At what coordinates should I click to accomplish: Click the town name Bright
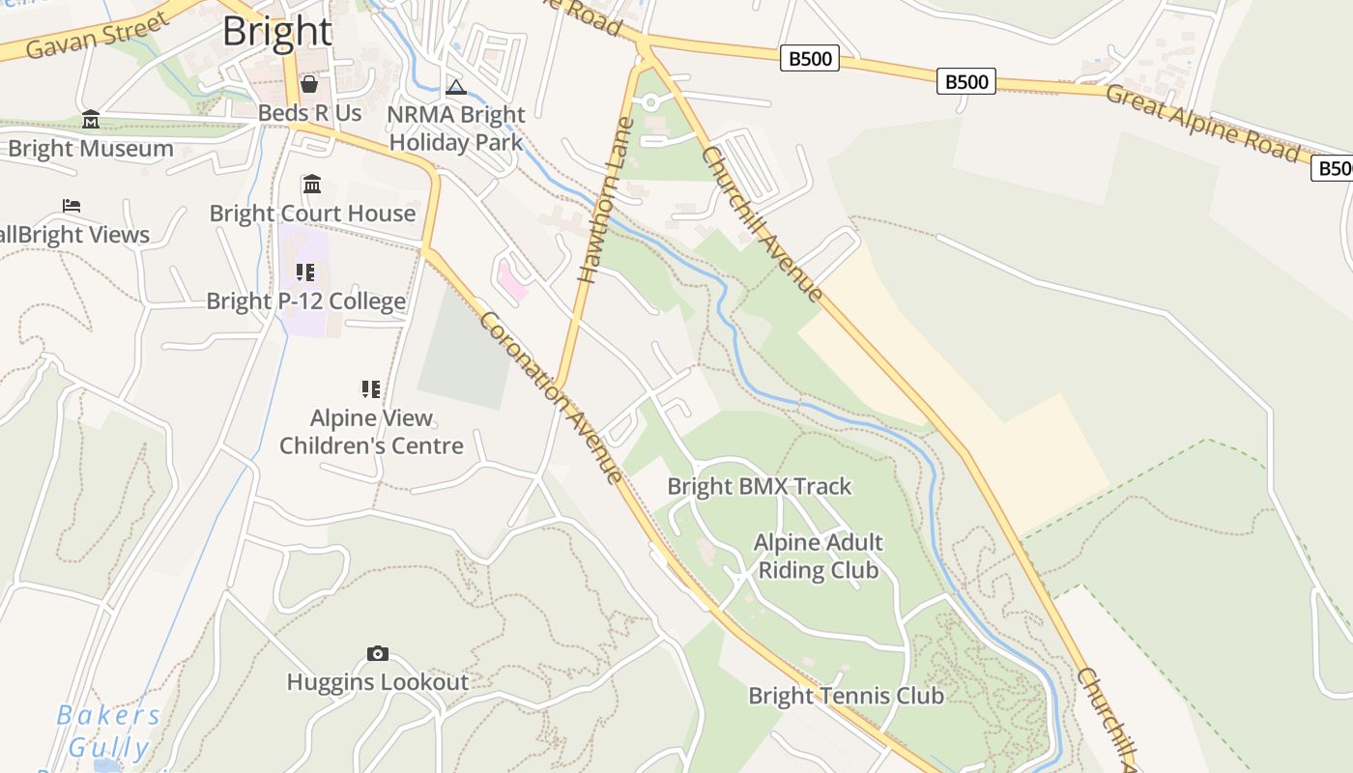[x=277, y=31]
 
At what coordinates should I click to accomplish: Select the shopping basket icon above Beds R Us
[x=309, y=84]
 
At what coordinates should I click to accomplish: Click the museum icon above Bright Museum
[x=91, y=120]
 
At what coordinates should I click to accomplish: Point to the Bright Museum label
[x=91, y=149]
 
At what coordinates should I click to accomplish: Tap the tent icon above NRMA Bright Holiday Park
[x=456, y=87]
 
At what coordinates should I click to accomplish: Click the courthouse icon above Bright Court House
[x=312, y=184]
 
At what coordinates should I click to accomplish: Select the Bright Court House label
[x=312, y=214]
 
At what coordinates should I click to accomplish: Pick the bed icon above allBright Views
[x=72, y=206]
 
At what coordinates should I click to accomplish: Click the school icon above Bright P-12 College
[x=305, y=272]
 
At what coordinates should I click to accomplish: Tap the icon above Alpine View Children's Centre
[x=371, y=389]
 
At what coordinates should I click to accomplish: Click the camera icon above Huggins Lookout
[x=378, y=654]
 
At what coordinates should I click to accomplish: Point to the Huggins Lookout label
[x=378, y=682]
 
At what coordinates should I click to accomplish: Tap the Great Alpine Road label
[x=1202, y=123]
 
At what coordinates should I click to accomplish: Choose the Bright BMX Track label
[x=760, y=486]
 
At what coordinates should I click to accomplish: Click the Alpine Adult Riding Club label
[x=819, y=556]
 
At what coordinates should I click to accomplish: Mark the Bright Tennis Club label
[x=846, y=696]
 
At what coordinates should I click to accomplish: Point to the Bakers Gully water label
[x=108, y=730]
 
